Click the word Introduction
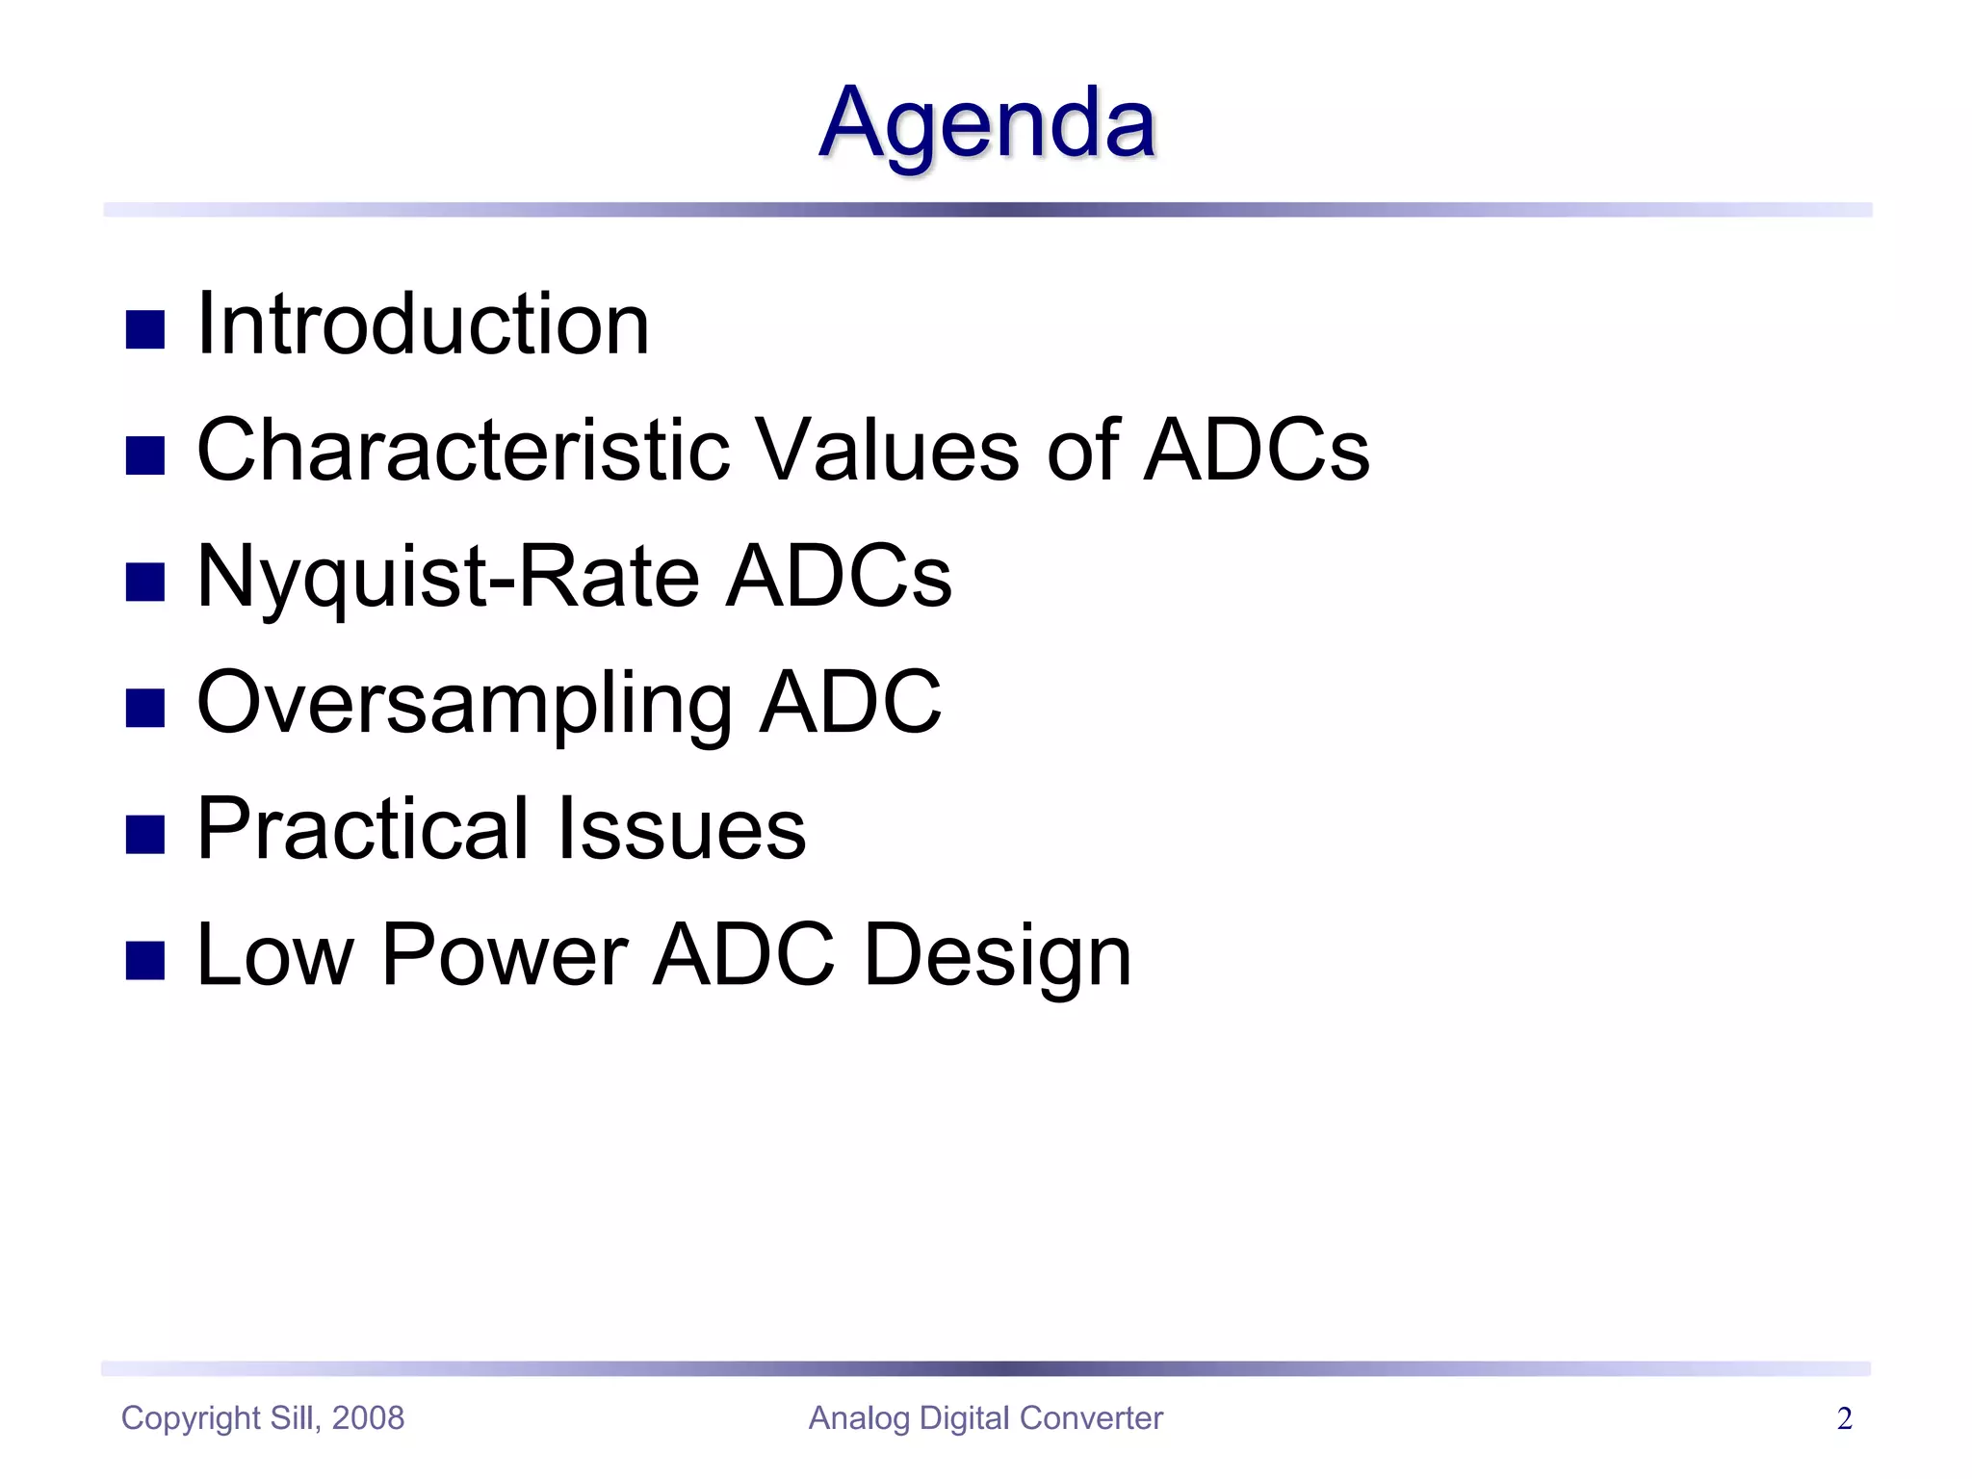pos(423,324)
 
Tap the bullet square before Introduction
pos(145,329)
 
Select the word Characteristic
pos(463,450)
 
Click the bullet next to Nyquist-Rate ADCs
pos(145,582)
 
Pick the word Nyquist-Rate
pos(447,578)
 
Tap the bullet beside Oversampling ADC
pos(145,708)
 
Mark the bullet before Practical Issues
pos(145,834)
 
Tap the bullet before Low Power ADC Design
pos(145,960)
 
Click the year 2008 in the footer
pos(368,1418)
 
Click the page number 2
pos(1844,1419)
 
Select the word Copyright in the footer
pos(191,1419)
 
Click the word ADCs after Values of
pos(1257,450)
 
